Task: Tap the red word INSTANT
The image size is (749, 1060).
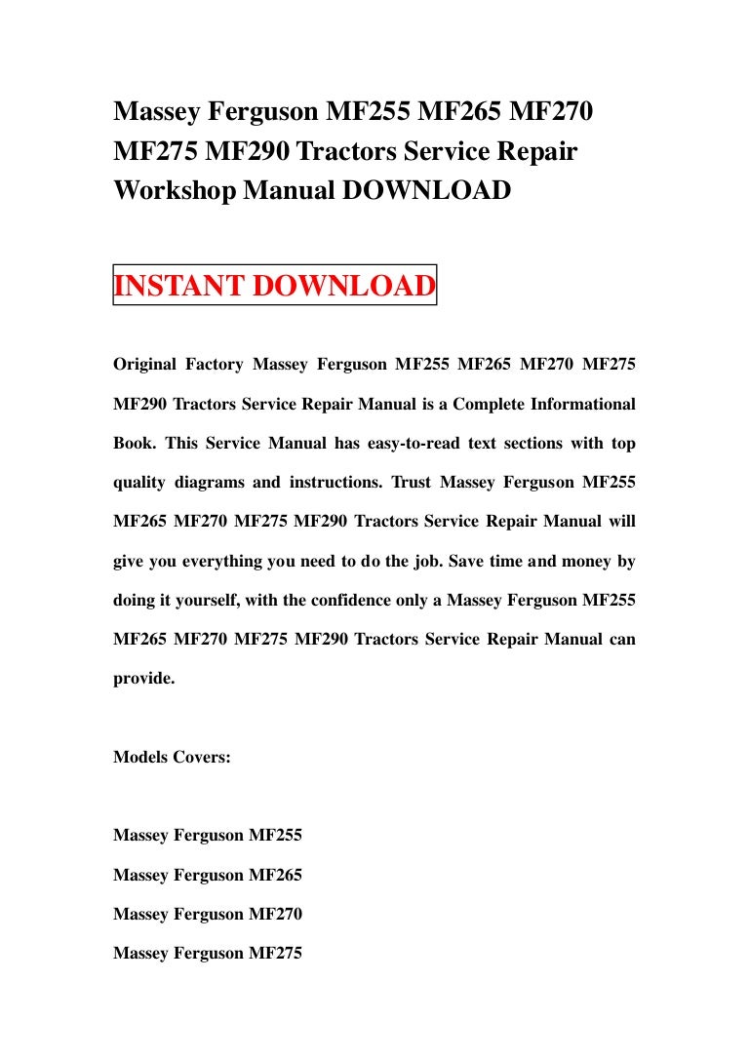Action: point(180,286)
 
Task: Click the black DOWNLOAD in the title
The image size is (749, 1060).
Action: point(425,190)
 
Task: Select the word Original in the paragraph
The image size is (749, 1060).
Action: point(144,365)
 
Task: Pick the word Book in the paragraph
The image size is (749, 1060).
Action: point(133,443)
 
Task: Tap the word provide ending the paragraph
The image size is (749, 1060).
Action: point(144,678)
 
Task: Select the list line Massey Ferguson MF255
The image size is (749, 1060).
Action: point(208,836)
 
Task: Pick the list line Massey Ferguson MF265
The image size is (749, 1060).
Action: point(208,875)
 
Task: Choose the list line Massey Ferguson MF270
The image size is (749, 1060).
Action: point(208,914)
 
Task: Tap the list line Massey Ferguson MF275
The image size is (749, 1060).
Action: point(208,953)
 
